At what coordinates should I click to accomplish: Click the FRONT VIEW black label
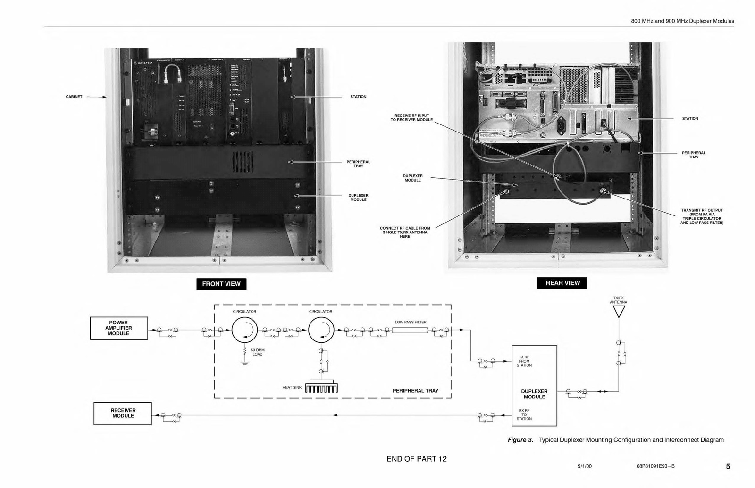coord(221,284)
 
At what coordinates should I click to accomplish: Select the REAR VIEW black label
coord(562,283)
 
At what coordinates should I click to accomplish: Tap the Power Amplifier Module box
coord(118,328)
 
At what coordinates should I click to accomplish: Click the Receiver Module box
coord(123,414)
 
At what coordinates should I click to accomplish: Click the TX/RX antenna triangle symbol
coord(619,311)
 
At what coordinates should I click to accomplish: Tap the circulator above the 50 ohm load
coord(244,330)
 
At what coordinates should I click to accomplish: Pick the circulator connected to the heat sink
coord(321,330)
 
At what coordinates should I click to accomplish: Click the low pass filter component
coord(410,330)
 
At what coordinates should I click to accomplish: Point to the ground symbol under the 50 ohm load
coord(244,363)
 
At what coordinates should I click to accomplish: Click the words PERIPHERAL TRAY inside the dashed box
coord(415,391)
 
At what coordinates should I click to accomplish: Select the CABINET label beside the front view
coord(74,97)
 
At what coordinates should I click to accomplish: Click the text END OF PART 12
coord(416,459)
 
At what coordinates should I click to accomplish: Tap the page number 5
coord(728,466)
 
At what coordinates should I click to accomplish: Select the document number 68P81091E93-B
coord(655,467)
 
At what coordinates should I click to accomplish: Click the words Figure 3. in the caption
coord(520,440)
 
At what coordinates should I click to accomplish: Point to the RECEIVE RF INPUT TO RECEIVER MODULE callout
coord(411,117)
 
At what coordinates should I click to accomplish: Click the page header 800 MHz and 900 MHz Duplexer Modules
coord(682,21)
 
